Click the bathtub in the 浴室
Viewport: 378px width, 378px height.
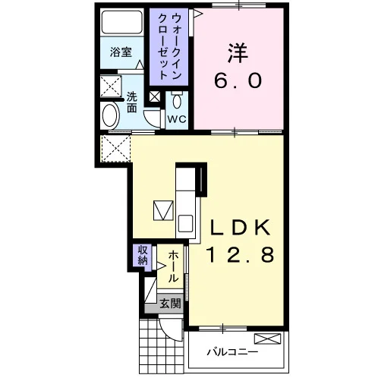pyautogui.click(x=122, y=22)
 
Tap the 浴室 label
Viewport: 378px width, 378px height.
pyautogui.click(x=121, y=52)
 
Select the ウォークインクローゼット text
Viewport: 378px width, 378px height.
pyautogui.click(x=169, y=47)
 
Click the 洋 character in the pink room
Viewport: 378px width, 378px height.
pyautogui.click(x=238, y=53)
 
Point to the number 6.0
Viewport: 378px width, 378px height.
pyautogui.click(x=238, y=80)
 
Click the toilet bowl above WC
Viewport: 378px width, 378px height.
pyautogui.click(x=177, y=101)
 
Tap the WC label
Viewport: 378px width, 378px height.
pyautogui.click(x=177, y=119)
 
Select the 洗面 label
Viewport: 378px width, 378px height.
pyautogui.click(x=132, y=102)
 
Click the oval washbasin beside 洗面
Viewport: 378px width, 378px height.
pyautogui.click(x=111, y=115)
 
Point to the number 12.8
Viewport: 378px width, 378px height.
pyautogui.click(x=241, y=254)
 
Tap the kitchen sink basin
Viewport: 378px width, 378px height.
pyautogui.click(x=185, y=223)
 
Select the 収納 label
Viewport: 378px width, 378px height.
pyautogui.click(x=143, y=255)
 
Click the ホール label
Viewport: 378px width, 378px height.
pyautogui.click(x=173, y=266)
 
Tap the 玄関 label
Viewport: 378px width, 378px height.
pyautogui.click(x=171, y=304)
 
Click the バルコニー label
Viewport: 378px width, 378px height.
pyautogui.click(x=232, y=352)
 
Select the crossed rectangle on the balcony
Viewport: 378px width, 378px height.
pyautogui.click(x=267, y=339)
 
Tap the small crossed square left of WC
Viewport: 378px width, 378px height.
pyautogui.click(x=155, y=96)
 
